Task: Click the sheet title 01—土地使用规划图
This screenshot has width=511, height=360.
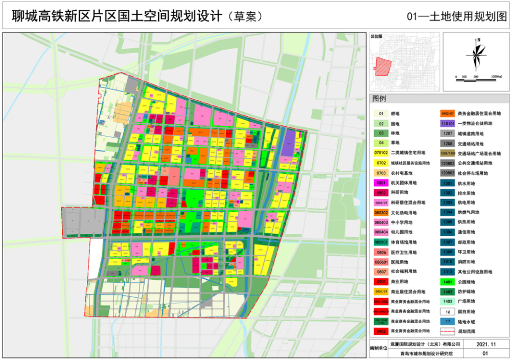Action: (457, 16)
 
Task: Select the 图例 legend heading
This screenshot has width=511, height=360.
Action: (379, 98)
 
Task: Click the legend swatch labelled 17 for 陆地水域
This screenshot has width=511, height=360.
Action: (448, 322)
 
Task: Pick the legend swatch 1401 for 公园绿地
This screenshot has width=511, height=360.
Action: (448, 282)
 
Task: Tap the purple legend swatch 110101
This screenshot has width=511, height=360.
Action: (448, 123)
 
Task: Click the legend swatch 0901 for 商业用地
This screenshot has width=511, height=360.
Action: (381, 282)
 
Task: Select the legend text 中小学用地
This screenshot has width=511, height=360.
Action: (401, 222)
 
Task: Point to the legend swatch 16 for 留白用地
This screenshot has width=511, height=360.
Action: (448, 311)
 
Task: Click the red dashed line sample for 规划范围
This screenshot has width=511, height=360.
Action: (448, 331)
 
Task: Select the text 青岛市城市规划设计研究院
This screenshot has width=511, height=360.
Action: (419, 353)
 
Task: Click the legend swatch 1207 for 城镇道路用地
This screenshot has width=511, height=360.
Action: (448, 133)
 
